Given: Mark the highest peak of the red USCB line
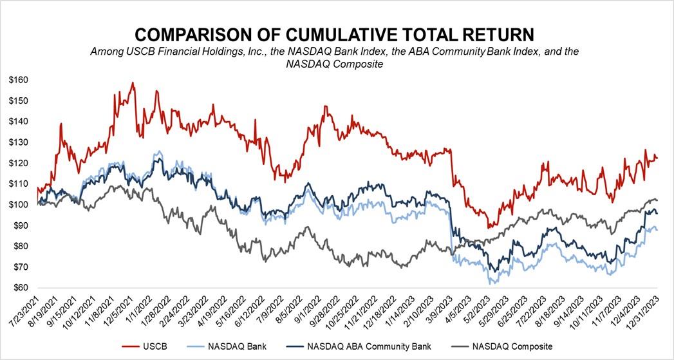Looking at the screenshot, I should coord(133,82).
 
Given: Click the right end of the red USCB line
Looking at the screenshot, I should coord(657,158).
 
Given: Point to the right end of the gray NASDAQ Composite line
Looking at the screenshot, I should coord(657,200).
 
